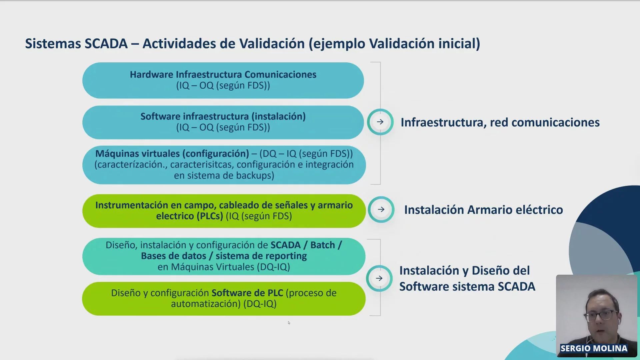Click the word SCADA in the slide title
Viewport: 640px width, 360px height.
(x=106, y=44)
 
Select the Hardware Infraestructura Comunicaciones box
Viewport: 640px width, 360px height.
(x=223, y=80)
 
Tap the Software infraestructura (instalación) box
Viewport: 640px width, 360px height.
(x=223, y=122)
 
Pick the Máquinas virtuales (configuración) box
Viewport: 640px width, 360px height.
(x=224, y=165)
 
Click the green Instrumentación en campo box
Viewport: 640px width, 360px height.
(x=224, y=211)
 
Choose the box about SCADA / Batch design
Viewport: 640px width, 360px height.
(x=224, y=256)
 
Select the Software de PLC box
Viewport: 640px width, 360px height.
(x=224, y=299)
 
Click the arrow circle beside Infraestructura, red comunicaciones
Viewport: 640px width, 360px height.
(x=380, y=122)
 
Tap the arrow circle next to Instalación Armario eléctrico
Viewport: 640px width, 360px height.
(x=381, y=209)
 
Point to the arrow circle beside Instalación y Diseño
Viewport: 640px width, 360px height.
(x=379, y=278)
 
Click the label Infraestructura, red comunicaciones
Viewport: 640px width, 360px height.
(x=500, y=123)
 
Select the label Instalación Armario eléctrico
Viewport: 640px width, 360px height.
(x=484, y=210)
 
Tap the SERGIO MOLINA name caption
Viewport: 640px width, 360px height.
(x=594, y=348)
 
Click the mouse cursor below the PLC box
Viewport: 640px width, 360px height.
(x=289, y=323)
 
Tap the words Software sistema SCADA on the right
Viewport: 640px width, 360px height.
(x=467, y=287)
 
